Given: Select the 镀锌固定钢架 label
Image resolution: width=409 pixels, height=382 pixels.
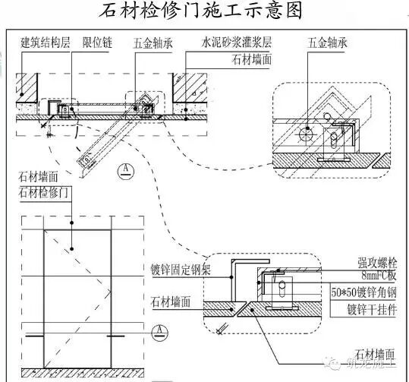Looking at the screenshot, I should pyautogui.click(x=180, y=268).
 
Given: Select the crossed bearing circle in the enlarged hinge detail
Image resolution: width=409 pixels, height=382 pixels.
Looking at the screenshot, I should pyautogui.click(x=307, y=134).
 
